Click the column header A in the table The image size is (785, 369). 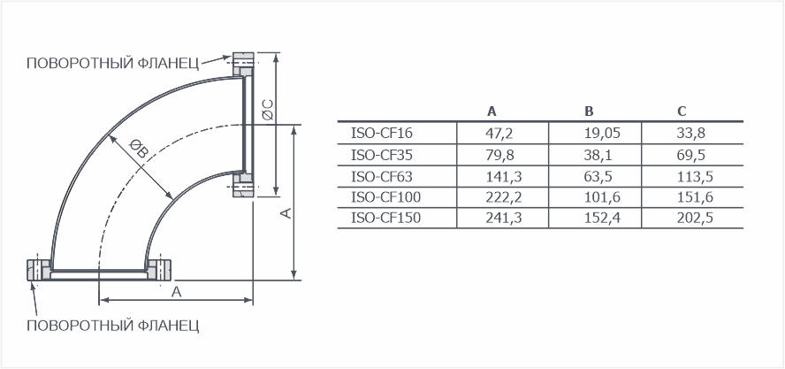[x=492, y=111]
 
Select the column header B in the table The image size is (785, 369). [x=589, y=111]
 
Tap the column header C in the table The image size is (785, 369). [x=682, y=111]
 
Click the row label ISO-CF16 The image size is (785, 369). [x=382, y=134]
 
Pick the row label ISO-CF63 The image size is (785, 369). [x=382, y=176]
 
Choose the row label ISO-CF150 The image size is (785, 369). [x=386, y=218]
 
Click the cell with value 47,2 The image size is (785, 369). [x=500, y=134]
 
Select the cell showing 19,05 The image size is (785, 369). [x=602, y=134]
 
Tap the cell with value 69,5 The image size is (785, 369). [x=691, y=156]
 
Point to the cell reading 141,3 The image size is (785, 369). [x=504, y=176]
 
